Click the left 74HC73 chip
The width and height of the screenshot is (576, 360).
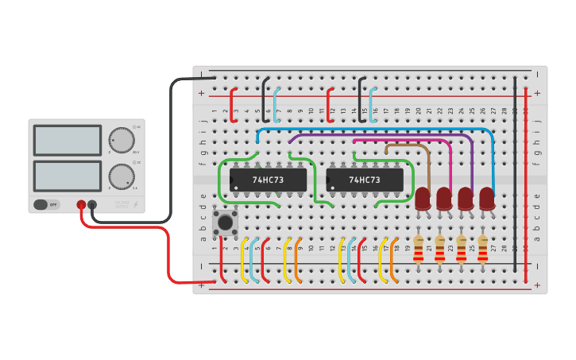point(267,180)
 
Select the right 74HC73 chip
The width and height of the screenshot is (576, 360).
point(363,180)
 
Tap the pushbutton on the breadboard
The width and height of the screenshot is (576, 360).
point(226,223)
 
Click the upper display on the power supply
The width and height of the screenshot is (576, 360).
point(68,140)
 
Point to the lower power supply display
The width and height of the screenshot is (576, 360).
point(68,176)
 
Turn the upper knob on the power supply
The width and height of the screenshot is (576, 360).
point(121,139)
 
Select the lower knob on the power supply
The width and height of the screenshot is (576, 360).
point(121,176)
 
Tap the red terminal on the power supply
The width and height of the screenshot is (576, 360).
point(81,205)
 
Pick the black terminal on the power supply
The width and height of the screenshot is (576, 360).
point(92,205)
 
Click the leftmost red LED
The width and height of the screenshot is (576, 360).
point(423,198)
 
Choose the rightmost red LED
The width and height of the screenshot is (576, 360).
point(487,198)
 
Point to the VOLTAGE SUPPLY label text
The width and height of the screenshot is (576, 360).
point(122,205)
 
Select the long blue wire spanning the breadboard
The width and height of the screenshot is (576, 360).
point(373,129)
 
